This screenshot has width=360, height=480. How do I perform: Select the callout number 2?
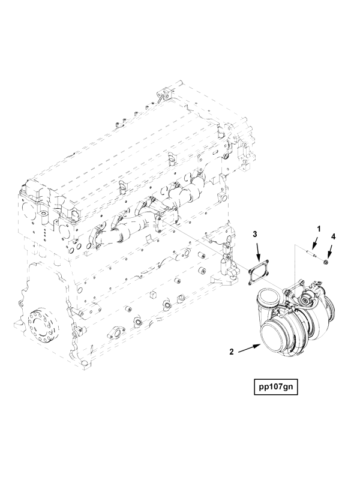tap(232, 352)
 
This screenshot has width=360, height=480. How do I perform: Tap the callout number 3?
tap(254, 235)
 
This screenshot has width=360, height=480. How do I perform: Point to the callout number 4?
tap(333, 236)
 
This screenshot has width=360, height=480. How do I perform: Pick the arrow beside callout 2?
tap(249, 349)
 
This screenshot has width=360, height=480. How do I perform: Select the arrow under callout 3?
tap(258, 252)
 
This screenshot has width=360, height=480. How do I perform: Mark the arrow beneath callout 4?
tap(330, 250)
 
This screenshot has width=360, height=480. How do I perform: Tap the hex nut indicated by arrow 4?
tap(326, 262)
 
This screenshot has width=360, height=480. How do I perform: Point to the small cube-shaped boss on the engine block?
tap(153, 295)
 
